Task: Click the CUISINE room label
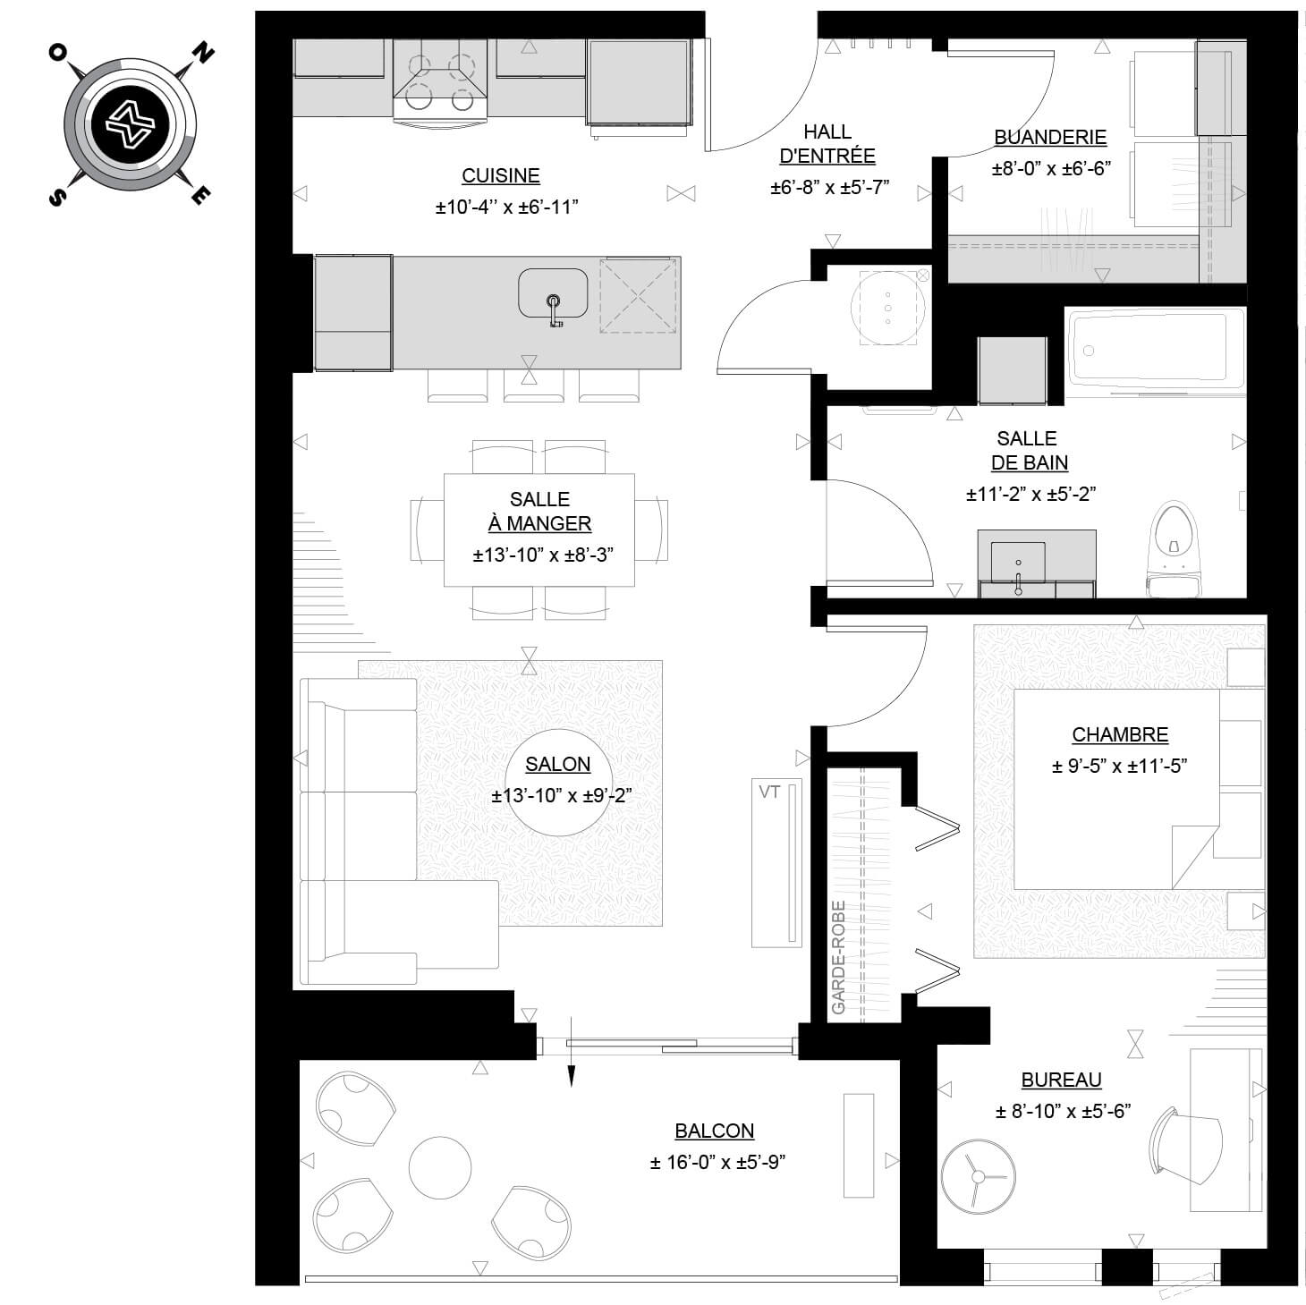(501, 175)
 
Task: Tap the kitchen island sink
(553, 292)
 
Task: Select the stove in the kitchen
(440, 81)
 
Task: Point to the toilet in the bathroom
(1173, 549)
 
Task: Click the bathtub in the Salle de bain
(1156, 351)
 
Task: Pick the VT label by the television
(769, 792)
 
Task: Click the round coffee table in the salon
(558, 783)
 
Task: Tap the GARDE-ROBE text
(838, 957)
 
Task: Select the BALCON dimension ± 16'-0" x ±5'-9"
(717, 1163)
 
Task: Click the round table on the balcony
(440, 1167)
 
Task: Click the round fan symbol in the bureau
(978, 1177)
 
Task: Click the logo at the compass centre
(130, 124)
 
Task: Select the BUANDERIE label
(1050, 137)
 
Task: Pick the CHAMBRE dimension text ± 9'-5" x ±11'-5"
(1119, 766)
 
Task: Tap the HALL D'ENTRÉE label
(827, 144)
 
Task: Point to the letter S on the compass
(58, 196)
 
